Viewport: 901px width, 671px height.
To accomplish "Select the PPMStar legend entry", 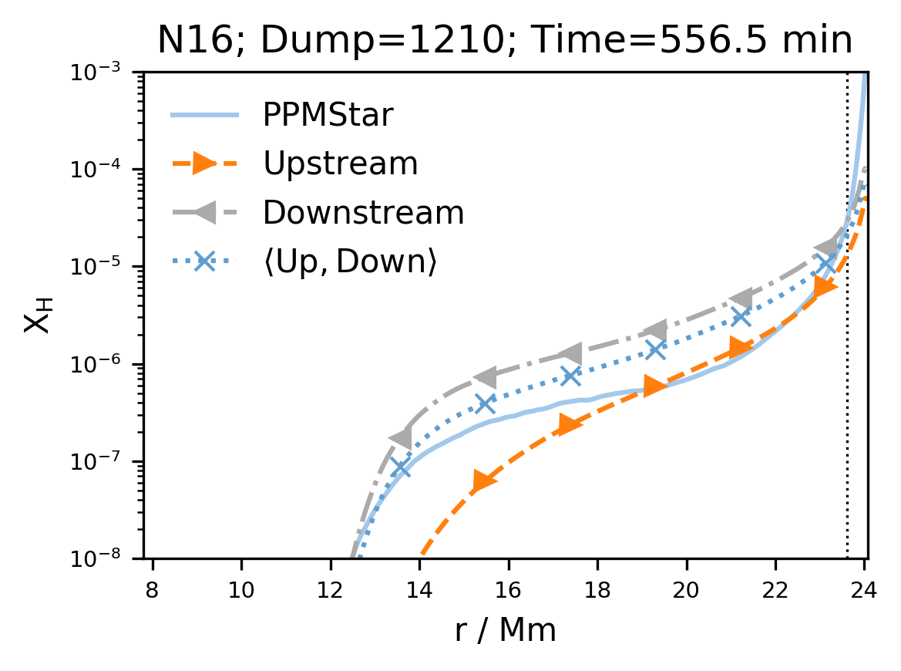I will [328, 116].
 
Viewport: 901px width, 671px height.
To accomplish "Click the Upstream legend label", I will [340, 164].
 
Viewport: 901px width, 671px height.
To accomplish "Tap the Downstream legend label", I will [363, 213].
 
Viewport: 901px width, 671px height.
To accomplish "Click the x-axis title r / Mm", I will [505, 631].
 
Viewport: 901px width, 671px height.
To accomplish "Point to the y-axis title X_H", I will [38, 315].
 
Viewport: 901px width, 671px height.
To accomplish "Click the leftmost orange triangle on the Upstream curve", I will [484, 481].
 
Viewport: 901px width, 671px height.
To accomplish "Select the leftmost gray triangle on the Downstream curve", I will [401, 438].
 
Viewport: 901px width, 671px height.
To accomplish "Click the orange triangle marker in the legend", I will [204, 164].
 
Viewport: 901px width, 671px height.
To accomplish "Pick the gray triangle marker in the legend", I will [204, 213].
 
